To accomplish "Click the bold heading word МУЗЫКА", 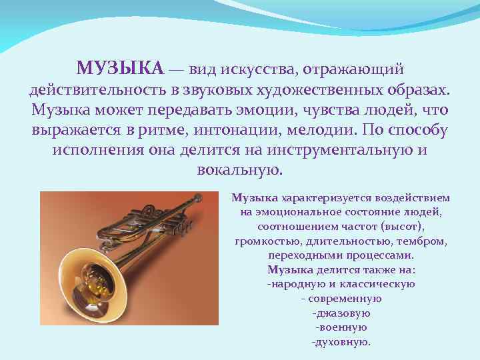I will click(x=119, y=68).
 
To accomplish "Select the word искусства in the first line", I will click(x=256, y=68).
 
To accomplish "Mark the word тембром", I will click(x=421, y=241).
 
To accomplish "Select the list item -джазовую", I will click(x=341, y=313).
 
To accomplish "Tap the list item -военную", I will click(x=341, y=327).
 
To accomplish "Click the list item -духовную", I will click(x=341, y=342).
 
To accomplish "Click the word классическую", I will click(x=380, y=284).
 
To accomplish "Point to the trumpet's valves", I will click(x=160, y=220).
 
